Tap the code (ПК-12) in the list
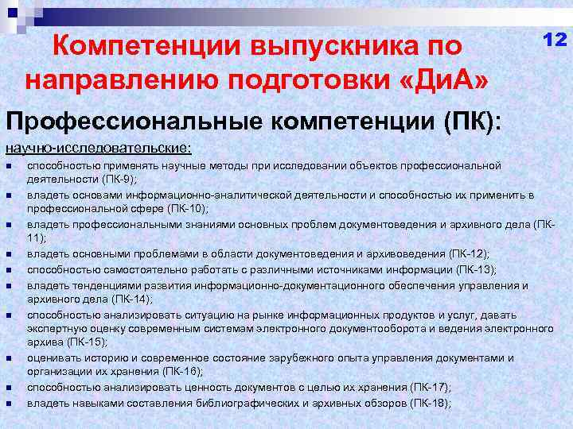[x=469, y=253]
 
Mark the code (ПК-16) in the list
[x=182, y=372]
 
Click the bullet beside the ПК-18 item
[x=7, y=404]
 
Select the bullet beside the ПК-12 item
[x=7, y=254]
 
